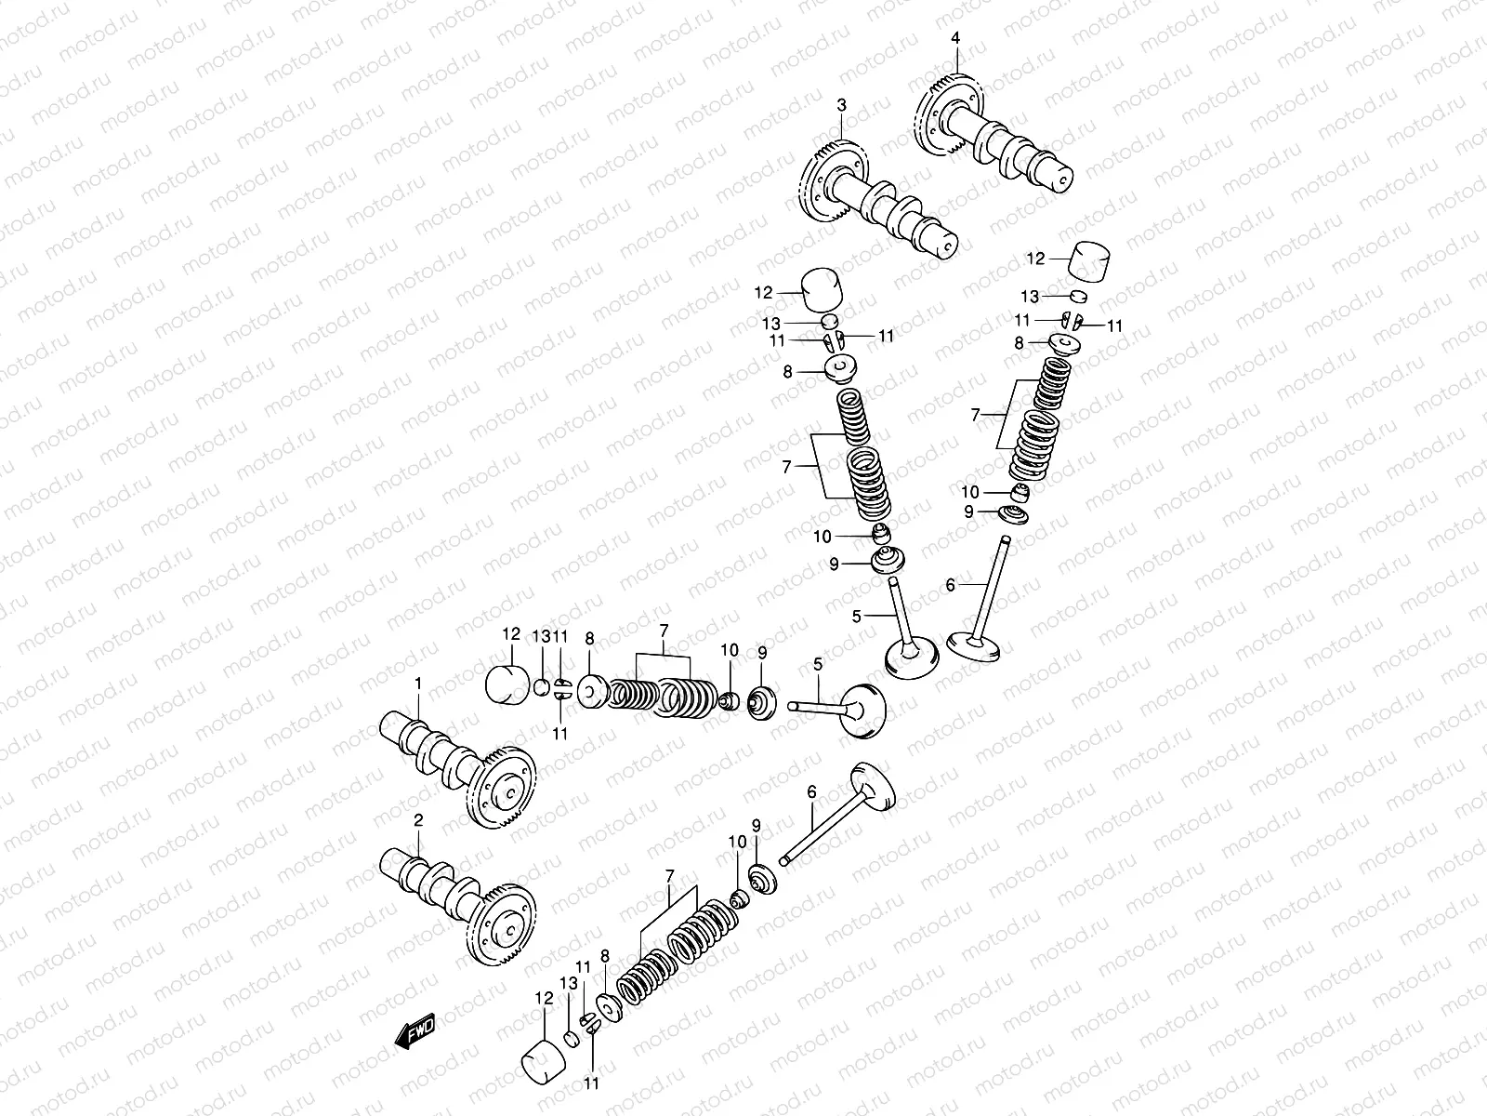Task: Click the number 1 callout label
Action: [x=418, y=684]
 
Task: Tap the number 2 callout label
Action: [x=418, y=819]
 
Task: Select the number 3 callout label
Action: [x=841, y=106]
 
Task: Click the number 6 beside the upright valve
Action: [x=950, y=585]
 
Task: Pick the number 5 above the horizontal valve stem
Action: [x=818, y=663]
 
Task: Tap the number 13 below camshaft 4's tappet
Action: [x=1030, y=297]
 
